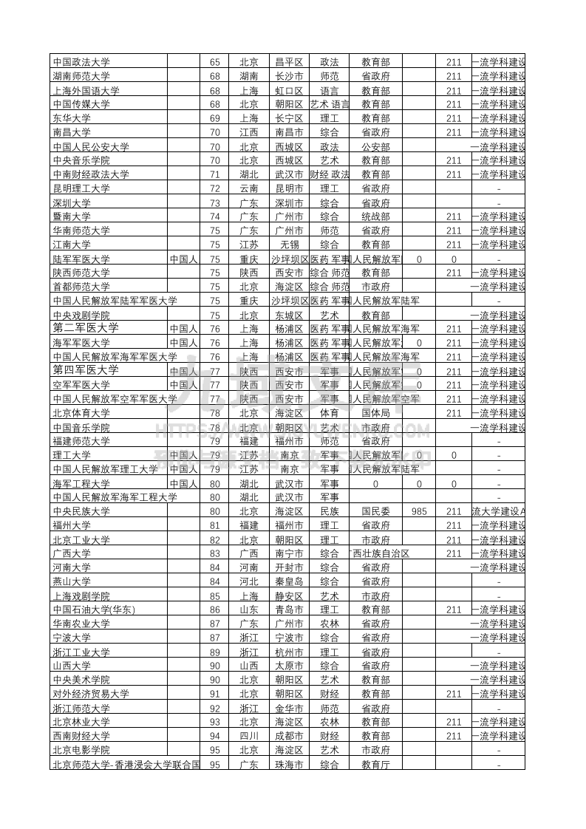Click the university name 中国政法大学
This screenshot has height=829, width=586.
81,62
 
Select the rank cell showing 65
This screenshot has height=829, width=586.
215,62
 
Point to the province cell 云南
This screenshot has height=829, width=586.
249,188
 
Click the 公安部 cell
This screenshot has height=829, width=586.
375,146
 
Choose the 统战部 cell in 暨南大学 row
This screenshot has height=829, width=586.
375,216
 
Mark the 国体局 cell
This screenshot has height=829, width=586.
375,413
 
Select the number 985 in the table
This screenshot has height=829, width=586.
419,511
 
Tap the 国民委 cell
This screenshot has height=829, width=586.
375,511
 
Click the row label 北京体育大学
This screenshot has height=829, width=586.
81,413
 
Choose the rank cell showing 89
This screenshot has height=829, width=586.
215,652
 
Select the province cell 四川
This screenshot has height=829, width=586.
249,736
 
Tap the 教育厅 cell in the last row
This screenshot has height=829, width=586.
375,765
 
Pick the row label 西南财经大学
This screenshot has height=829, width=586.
81,736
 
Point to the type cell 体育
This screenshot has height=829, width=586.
330,413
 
